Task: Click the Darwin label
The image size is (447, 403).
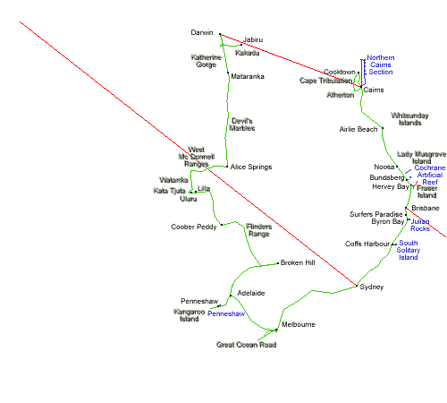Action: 202,32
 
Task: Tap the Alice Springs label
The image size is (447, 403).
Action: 251,167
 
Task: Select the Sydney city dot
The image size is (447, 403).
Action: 357,286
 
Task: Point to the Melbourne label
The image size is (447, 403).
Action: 299,324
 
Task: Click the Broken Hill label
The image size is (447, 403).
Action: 298,262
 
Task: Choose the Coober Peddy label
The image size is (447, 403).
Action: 194,227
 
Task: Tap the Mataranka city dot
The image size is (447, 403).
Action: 228,73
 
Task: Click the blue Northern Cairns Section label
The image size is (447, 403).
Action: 381,64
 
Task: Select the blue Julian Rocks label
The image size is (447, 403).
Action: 420,225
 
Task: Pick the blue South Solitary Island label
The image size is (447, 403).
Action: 409,250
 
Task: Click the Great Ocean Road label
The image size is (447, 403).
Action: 246,345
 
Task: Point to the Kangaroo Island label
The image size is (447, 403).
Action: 189,315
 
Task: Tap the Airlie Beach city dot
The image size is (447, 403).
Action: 383,128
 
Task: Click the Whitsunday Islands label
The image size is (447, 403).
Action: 409,119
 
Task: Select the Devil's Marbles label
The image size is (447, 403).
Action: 242,124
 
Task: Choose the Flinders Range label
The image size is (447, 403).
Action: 259,230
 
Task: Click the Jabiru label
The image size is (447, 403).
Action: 253,39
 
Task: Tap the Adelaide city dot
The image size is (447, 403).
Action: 231,296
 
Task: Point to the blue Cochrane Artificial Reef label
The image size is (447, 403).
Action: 430,175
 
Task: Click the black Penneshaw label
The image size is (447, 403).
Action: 199,301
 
